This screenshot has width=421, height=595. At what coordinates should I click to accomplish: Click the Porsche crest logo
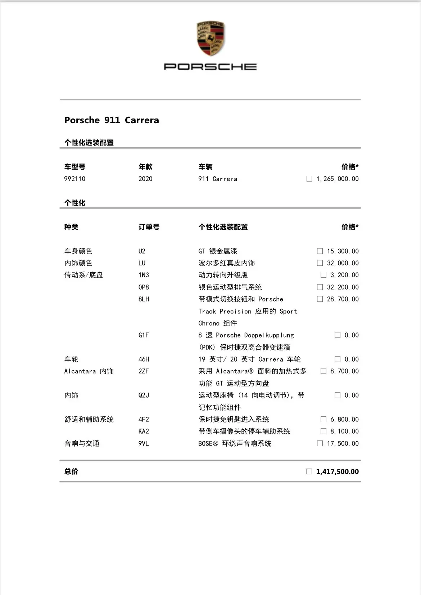(210, 39)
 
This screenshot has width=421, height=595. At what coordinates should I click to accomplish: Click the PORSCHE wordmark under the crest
(210, 67)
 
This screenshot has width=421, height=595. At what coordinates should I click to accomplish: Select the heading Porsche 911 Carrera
(112, 120)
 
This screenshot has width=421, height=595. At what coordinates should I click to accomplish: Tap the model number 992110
(75, 179)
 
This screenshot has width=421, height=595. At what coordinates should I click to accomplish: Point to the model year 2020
(145, 179)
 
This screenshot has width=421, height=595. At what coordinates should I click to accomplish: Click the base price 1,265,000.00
(338, 179)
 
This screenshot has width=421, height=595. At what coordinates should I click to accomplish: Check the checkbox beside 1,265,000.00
(309, 179)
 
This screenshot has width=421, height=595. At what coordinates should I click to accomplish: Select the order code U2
(142, 251)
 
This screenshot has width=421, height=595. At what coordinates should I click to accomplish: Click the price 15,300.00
(343, 251)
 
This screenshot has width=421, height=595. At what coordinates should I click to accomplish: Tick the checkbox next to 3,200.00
(323, 275)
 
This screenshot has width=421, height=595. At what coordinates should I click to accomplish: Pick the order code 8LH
(144, 299)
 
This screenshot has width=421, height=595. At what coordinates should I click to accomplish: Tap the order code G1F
(144, 335)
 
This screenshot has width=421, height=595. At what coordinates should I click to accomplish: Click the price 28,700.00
(343, 299)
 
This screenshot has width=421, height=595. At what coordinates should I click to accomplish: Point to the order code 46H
(144, 359)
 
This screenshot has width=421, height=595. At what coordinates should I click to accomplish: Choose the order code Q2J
(144, 395)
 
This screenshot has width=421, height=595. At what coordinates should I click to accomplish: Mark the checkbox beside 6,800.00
(323, 419)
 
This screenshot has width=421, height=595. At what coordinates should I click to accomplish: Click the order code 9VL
(144, 444)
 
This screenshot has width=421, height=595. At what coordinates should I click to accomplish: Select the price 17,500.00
(343, 444)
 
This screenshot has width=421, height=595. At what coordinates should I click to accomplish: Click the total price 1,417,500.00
(337, 472)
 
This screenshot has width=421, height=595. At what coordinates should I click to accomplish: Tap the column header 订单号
(149, 227)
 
